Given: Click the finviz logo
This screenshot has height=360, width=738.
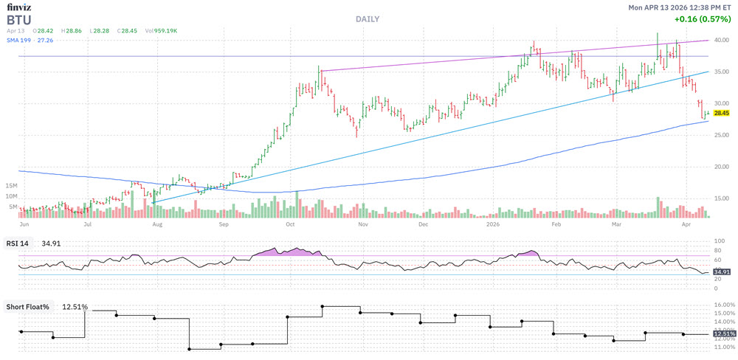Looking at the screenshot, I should pos(19,7).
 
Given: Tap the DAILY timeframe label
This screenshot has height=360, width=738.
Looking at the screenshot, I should pos(367,18).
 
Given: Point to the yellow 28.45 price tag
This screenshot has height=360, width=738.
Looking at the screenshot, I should pos(721,113).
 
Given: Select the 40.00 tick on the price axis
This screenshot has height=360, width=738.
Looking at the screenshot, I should pos(721,41).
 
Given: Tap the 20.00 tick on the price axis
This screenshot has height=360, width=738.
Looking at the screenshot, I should pos(721,167).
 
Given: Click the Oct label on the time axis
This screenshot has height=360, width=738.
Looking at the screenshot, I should pos(291,222).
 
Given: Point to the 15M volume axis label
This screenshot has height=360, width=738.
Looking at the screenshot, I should pos(10,185).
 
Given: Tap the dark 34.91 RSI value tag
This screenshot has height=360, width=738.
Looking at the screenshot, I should pos(721,272).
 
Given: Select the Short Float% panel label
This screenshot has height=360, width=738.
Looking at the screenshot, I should pos(30,306).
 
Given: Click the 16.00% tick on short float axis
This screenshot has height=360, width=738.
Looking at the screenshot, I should pos(724,305).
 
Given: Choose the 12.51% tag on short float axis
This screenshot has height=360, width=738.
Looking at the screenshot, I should pos(724,334).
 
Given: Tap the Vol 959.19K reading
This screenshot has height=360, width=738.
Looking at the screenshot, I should pos(161,30).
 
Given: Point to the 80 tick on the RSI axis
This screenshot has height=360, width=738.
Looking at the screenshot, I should pos(717,251).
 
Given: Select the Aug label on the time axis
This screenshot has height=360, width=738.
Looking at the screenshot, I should pos(156,222).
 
